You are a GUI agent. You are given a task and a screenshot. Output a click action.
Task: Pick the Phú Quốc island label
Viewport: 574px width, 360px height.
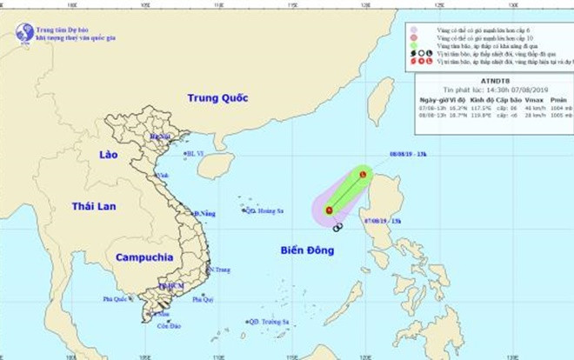pyautogui.click(x=116, y=299)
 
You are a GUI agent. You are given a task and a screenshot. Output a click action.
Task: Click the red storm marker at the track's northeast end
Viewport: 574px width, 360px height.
pyautogui.click(x=363, y=175)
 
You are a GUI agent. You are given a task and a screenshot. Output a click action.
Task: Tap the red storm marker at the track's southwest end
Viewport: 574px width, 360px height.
pyautogui.click(x=330, y=210)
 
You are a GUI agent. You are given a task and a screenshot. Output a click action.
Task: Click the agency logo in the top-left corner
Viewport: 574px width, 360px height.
pyautogui.click(x=23, y=33)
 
